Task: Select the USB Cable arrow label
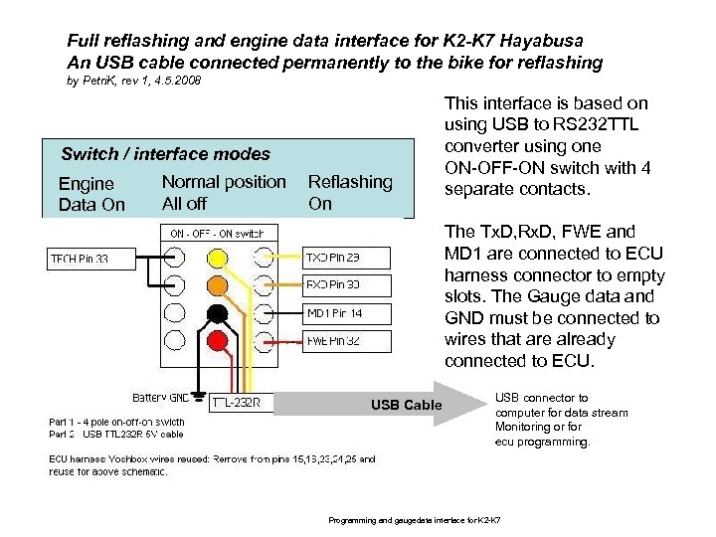[407, 405]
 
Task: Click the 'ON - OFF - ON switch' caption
[217, 234]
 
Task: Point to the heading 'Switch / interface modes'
[165, 154]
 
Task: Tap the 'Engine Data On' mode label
[91, 194]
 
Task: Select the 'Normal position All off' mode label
[223, 192]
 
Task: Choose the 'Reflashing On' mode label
[350, 192]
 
